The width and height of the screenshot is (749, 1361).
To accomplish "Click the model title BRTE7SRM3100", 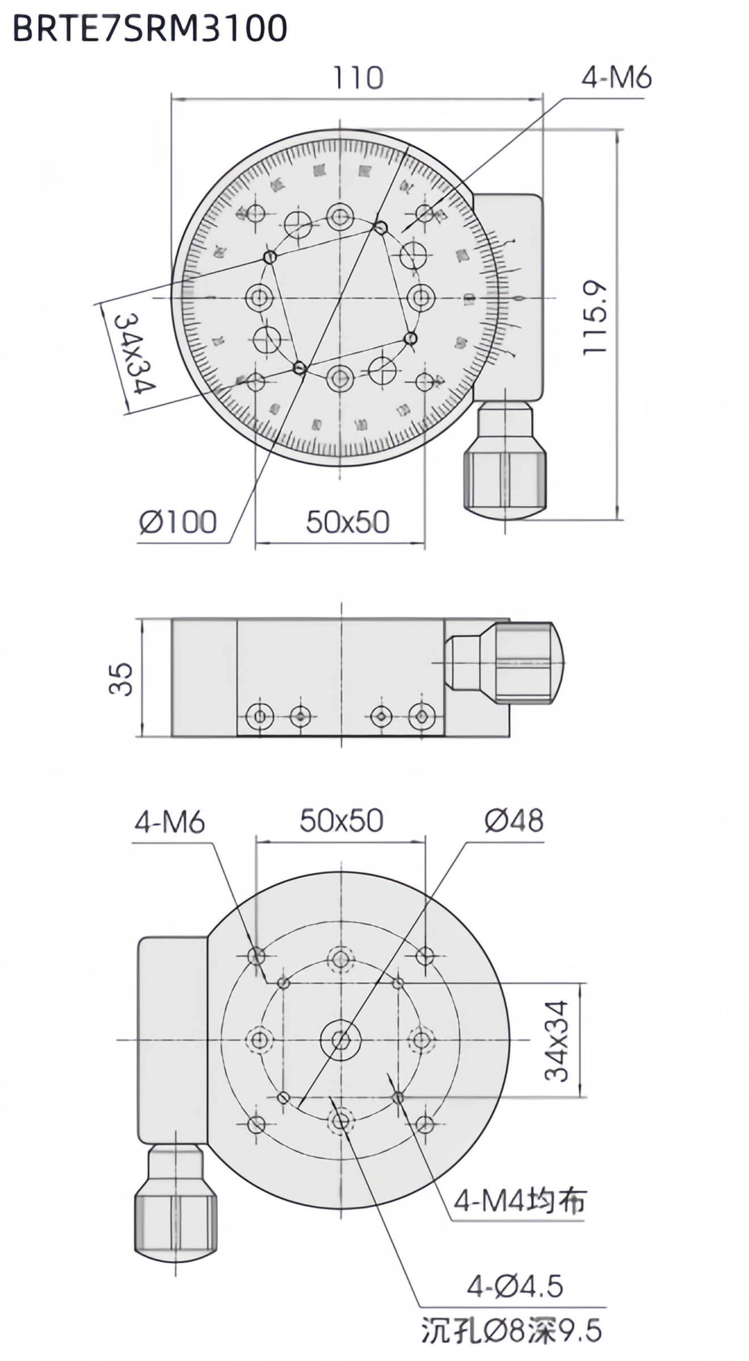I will pyautogui.click(x=150, y=28).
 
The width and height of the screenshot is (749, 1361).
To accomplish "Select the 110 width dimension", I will pyautogui.click(x=357, y=78).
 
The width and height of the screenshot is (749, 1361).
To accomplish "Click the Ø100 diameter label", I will pyautogui.click(x=178, y=521).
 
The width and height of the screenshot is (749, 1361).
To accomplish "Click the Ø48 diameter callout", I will pyautogui.click(x=514, y=820).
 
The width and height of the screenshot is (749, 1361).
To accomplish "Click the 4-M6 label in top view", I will pyautogui.click(x=616, y=78).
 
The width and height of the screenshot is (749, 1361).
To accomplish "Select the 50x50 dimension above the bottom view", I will pyautogui.click(x=341, y=820).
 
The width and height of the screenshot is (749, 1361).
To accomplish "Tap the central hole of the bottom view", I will pyautogui.click(x=341, y=1039).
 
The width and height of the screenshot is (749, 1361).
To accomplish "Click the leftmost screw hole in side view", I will pyautogui.click(x=260, y=716).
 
